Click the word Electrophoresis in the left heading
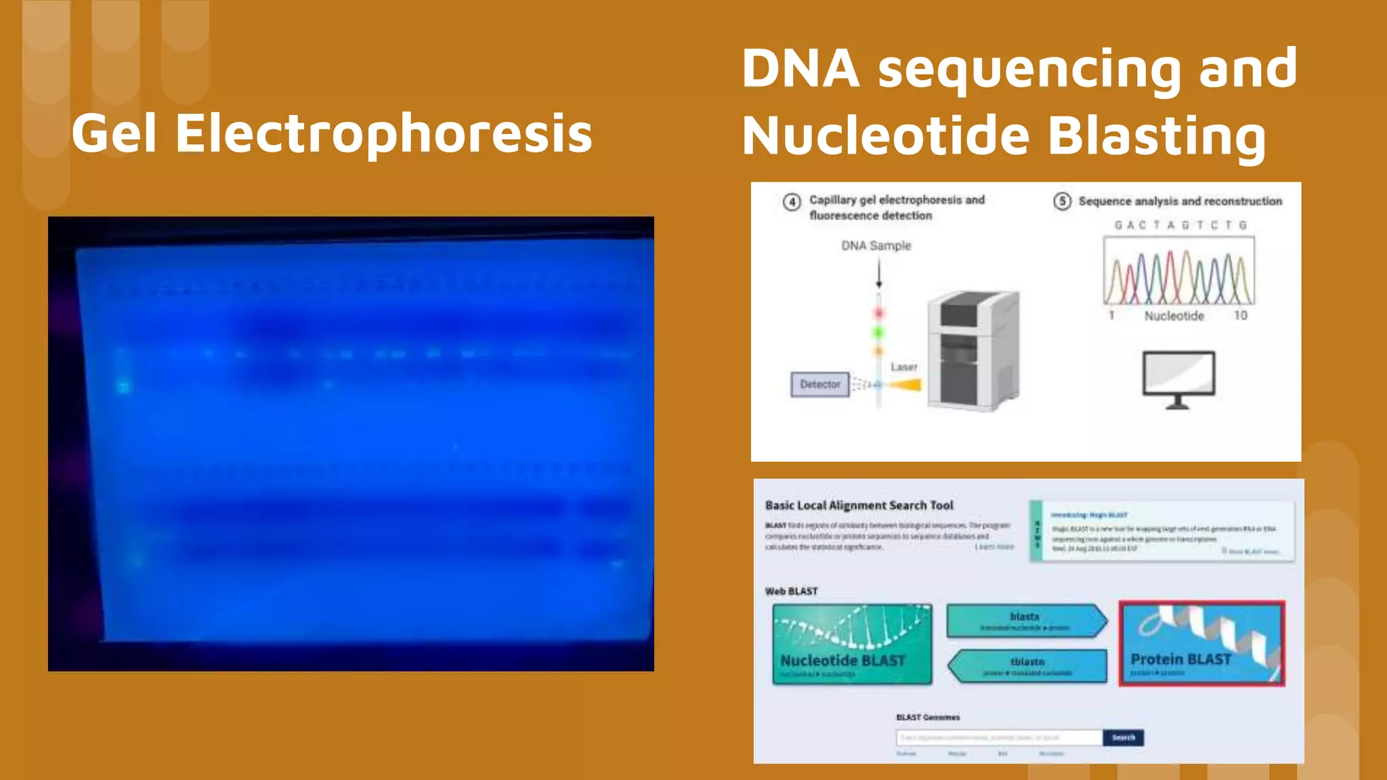tap(383, 133)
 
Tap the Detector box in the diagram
tap(819, 385)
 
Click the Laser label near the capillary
tap(903, 367)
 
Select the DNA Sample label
tap(876, 246)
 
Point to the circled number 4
tap(791, 202)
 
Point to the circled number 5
tap(1062, 201)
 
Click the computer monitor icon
tap(1178, 378)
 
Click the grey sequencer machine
tap(973, 351)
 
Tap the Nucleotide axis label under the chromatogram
tap(1174, 316)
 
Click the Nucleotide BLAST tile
tap(852, 645)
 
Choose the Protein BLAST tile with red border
tap(1201, 644)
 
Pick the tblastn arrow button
tap(1027, 666)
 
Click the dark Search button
tap(1123, 737)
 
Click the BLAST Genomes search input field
tap(999, 737)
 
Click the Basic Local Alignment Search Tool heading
tap(859, 506)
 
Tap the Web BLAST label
tap(791, 591)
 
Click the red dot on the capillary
tap(879, 313)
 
